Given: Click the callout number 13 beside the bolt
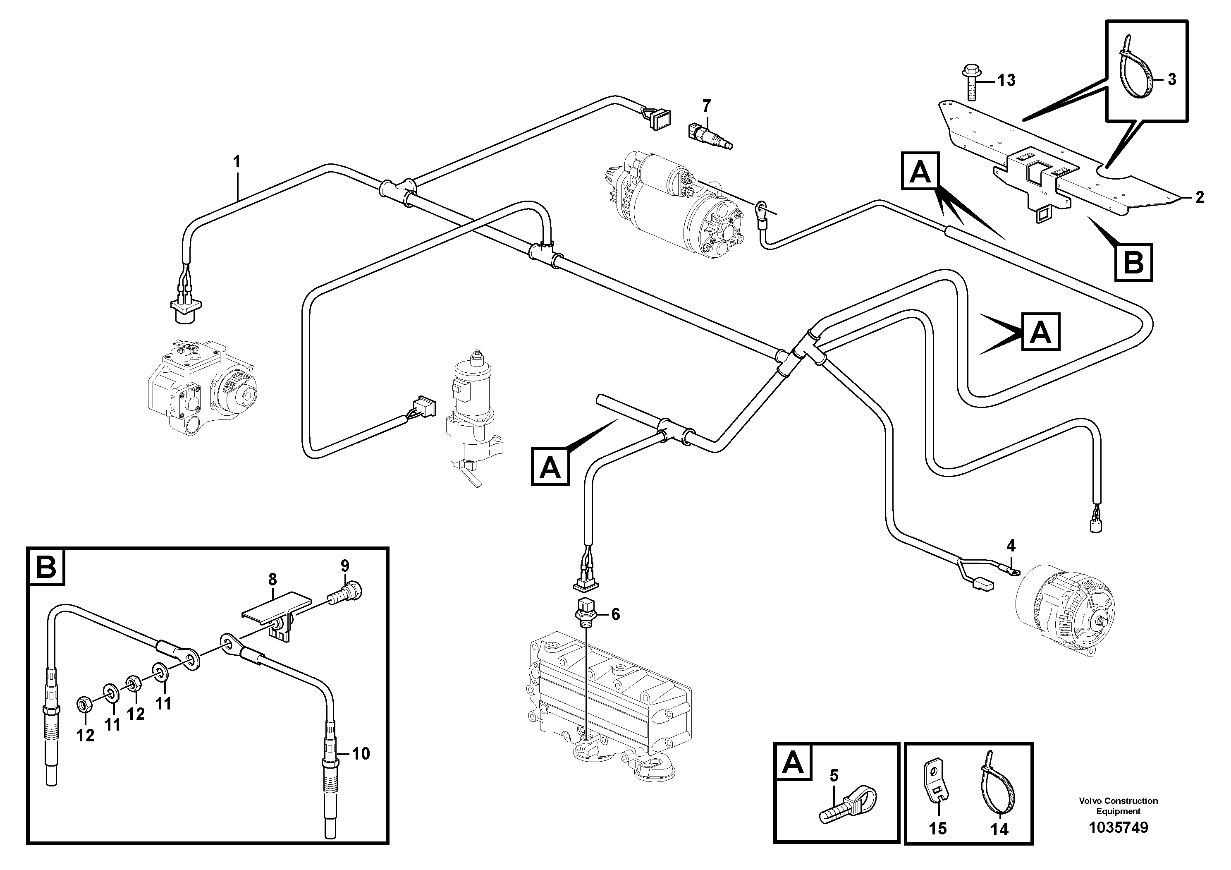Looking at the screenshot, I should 1006,80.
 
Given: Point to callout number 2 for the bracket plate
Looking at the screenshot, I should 1200,197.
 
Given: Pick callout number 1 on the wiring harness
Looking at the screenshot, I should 237,161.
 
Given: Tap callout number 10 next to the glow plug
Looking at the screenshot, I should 361,754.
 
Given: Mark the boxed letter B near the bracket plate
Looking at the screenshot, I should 1133,263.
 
